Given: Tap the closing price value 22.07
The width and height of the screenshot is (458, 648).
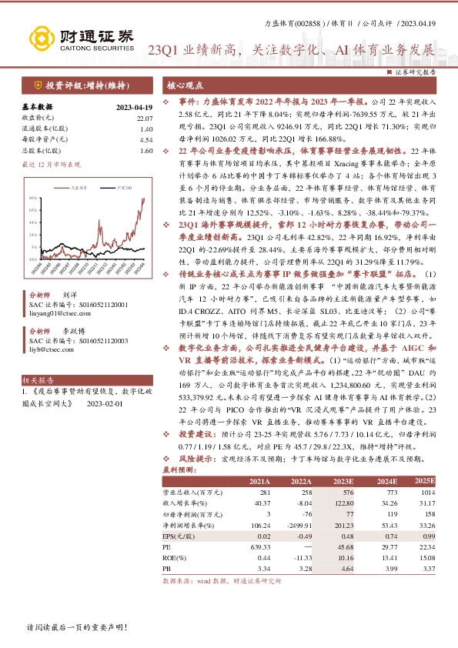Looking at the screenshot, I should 145,119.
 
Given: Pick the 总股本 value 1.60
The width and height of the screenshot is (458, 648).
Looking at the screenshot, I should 147,151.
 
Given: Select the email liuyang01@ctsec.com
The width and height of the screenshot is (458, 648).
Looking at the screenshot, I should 57,313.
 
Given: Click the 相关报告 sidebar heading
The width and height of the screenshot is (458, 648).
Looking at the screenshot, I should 38,380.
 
